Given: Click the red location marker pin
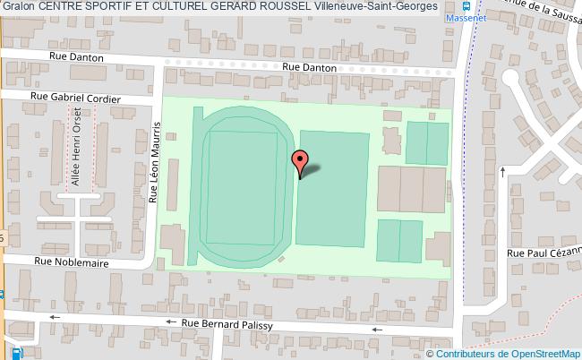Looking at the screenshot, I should coord(300,161).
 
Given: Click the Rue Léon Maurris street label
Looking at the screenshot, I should coord(153,164).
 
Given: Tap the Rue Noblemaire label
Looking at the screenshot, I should coord(71,262).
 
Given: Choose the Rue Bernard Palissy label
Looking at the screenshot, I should coord(227,324).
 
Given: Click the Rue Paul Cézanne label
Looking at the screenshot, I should coord(543,253).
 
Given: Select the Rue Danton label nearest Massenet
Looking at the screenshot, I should coord(309,67).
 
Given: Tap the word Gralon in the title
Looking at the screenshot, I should coord(18,6).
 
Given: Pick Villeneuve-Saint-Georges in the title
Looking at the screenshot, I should coord(377,6).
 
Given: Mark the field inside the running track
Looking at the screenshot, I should coord(241,188).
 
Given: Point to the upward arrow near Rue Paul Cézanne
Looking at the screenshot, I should coord(503,170).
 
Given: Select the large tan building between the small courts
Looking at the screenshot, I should coord(411,189).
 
